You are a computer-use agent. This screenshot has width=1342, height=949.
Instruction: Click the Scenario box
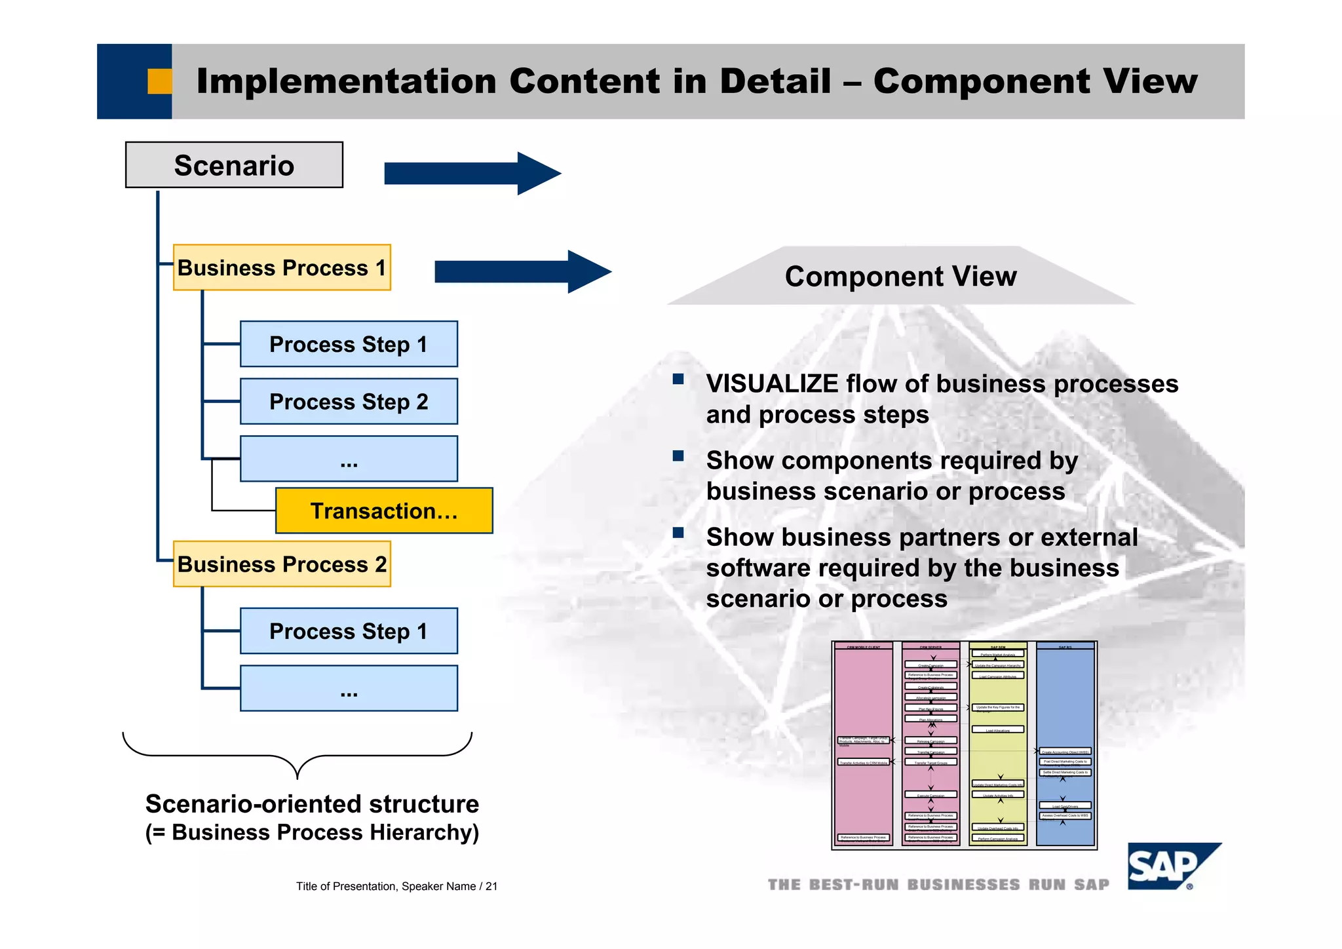(234, 165)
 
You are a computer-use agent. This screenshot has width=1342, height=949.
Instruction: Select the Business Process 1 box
(282, 267)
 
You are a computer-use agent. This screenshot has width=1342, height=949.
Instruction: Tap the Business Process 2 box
(282, 564)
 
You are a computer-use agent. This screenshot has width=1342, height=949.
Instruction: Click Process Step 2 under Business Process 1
(349, 401)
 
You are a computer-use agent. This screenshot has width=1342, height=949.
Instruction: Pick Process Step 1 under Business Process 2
(349, 631)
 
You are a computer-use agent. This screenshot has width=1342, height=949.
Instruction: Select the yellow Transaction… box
(384, 511)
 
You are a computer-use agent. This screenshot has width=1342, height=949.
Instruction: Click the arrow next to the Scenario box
(472, 174)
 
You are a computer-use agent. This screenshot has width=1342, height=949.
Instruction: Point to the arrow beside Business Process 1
(522, 271)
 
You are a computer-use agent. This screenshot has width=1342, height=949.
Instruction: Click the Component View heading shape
(900, 276)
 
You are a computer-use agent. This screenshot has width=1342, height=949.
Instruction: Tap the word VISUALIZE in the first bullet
(771, 384)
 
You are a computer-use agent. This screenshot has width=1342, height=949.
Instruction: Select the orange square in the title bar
(159, 81)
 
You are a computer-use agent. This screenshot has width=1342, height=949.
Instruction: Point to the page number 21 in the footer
(491, 886)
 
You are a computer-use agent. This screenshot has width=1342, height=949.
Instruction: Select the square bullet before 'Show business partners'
(678, 533)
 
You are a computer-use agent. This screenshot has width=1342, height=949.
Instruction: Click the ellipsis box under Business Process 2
(349, 688)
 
